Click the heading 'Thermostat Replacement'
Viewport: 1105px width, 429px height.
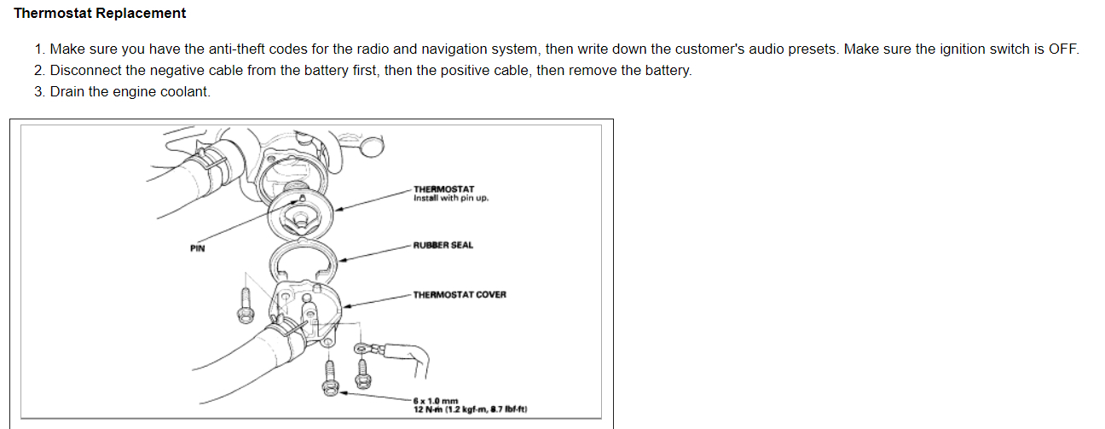100,14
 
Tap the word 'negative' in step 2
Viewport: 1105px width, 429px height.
186,70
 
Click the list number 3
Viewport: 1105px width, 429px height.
39,91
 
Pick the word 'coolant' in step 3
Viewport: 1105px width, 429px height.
185,91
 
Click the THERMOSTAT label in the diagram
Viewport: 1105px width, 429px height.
443,189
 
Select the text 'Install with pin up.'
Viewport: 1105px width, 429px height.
450,199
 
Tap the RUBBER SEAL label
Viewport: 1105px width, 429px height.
443,246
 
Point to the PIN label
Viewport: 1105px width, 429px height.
198,249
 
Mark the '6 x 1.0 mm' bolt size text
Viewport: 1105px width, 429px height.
436,401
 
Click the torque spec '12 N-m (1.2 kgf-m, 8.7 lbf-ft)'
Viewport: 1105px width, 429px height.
470,409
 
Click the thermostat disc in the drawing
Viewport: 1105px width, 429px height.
299,212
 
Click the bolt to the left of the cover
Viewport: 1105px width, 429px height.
244,305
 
